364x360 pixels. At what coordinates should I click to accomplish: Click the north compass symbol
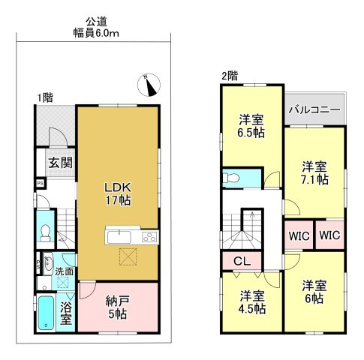(149, 85)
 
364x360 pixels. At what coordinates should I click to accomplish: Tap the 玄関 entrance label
(60, 163)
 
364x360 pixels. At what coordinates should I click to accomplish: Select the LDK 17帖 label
(118, 193)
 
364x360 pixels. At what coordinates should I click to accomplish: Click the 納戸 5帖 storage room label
(118, 307)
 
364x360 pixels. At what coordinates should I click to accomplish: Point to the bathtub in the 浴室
(46, 313)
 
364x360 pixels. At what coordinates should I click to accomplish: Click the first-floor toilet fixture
(45, 232)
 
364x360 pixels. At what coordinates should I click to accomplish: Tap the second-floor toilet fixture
(231, 178)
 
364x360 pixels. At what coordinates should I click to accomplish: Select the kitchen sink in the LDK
(119, 237)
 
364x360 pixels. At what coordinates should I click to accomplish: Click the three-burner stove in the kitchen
(150, 237)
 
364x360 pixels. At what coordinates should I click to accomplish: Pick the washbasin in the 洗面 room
(47, 262)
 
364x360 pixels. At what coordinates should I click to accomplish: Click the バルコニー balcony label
(314, 109)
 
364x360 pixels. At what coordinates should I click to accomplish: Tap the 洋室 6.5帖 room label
(251, 126)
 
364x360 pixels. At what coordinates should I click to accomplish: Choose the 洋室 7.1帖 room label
(314, 173)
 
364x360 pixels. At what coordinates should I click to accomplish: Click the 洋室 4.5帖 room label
(252, 302)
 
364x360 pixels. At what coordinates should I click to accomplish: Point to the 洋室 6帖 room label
(314, 292)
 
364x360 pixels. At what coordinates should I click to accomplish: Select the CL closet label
(242, 261)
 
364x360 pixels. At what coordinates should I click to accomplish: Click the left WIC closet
(299, 235)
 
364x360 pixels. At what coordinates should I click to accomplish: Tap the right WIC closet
(330, 235)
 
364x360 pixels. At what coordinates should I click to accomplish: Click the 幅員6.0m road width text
(96, 33)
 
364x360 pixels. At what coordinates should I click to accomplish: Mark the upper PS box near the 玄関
(41, 183)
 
